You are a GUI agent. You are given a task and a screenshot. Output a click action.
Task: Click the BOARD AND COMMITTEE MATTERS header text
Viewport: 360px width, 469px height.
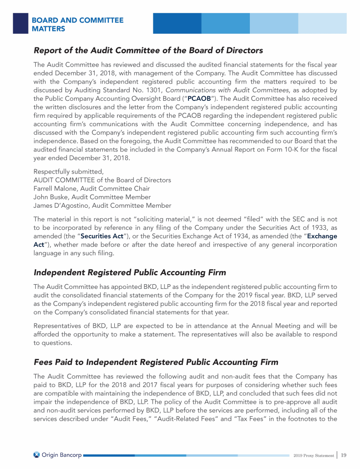(77, 24)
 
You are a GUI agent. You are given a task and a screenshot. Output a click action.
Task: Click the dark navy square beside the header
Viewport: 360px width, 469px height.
(20, 23)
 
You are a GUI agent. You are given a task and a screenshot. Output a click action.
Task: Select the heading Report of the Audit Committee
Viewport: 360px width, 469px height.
(148, 50)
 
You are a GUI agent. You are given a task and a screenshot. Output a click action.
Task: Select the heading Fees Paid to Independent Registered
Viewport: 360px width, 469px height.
(156, 362)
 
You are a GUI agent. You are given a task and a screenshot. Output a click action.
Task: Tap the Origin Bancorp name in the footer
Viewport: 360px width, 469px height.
(61, 455)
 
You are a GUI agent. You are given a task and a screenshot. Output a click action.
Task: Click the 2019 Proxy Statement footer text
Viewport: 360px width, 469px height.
(314, 455)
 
